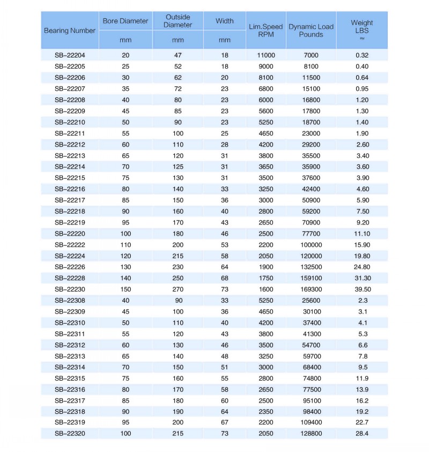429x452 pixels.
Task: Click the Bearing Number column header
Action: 70,31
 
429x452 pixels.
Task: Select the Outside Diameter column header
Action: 177,21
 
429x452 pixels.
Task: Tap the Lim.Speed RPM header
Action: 266,31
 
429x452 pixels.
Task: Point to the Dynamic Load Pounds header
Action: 311,31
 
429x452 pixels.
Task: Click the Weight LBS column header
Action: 362,26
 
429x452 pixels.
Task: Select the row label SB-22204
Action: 70,55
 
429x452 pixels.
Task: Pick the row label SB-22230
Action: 70,289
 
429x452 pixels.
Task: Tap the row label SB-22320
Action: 70,434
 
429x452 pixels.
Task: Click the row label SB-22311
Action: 70,334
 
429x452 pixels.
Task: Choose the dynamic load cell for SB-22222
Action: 311,245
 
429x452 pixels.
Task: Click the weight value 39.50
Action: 362,289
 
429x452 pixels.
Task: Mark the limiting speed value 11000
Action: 266,55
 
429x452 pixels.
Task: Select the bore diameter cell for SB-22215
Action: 125,178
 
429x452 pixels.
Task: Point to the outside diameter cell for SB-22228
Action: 177,278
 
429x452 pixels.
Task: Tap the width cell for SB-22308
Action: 225,301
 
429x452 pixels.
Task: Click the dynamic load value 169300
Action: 311,289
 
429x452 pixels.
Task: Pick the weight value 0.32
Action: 362,55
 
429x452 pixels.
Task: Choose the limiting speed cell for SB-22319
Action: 266,422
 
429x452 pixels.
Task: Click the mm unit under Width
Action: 225,40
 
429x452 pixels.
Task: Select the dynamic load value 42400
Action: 311,189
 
